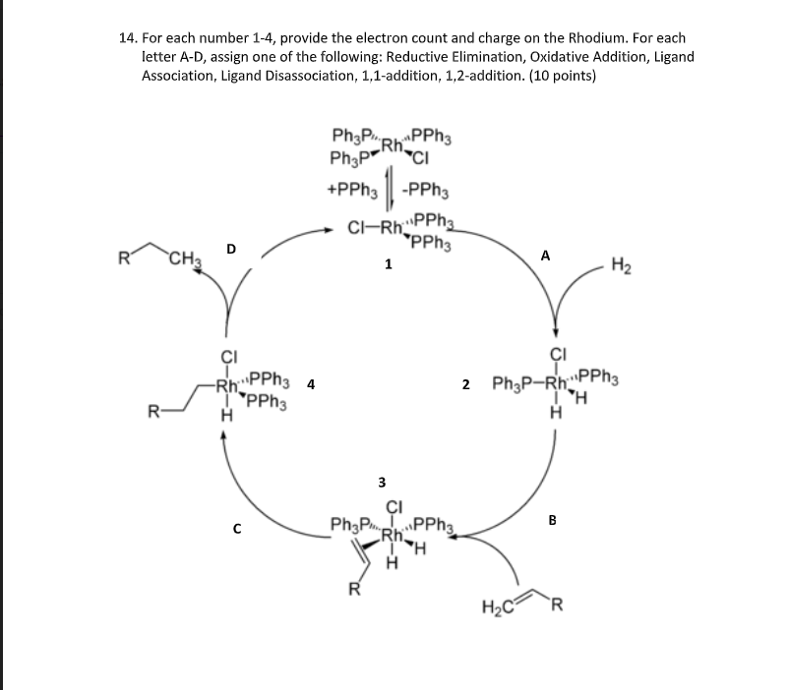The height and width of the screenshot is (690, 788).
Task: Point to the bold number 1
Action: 389,264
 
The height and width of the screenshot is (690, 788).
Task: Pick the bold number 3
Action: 383,482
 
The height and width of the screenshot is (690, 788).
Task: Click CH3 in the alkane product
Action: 184,260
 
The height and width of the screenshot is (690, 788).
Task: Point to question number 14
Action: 127,37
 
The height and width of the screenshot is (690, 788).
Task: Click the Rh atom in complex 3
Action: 392,537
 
